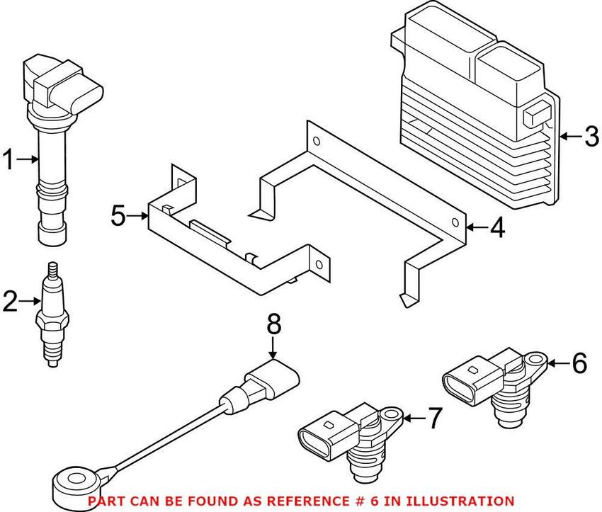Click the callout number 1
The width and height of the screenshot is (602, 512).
tap(9, 161)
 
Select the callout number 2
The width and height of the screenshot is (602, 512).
tap(11, 302)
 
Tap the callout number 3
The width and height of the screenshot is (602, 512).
tap(591, 136)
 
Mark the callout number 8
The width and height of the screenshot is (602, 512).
tap(274, 325)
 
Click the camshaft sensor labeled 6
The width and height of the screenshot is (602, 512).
tap(496, 386)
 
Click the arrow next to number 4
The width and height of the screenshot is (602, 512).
tap(475, 228)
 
